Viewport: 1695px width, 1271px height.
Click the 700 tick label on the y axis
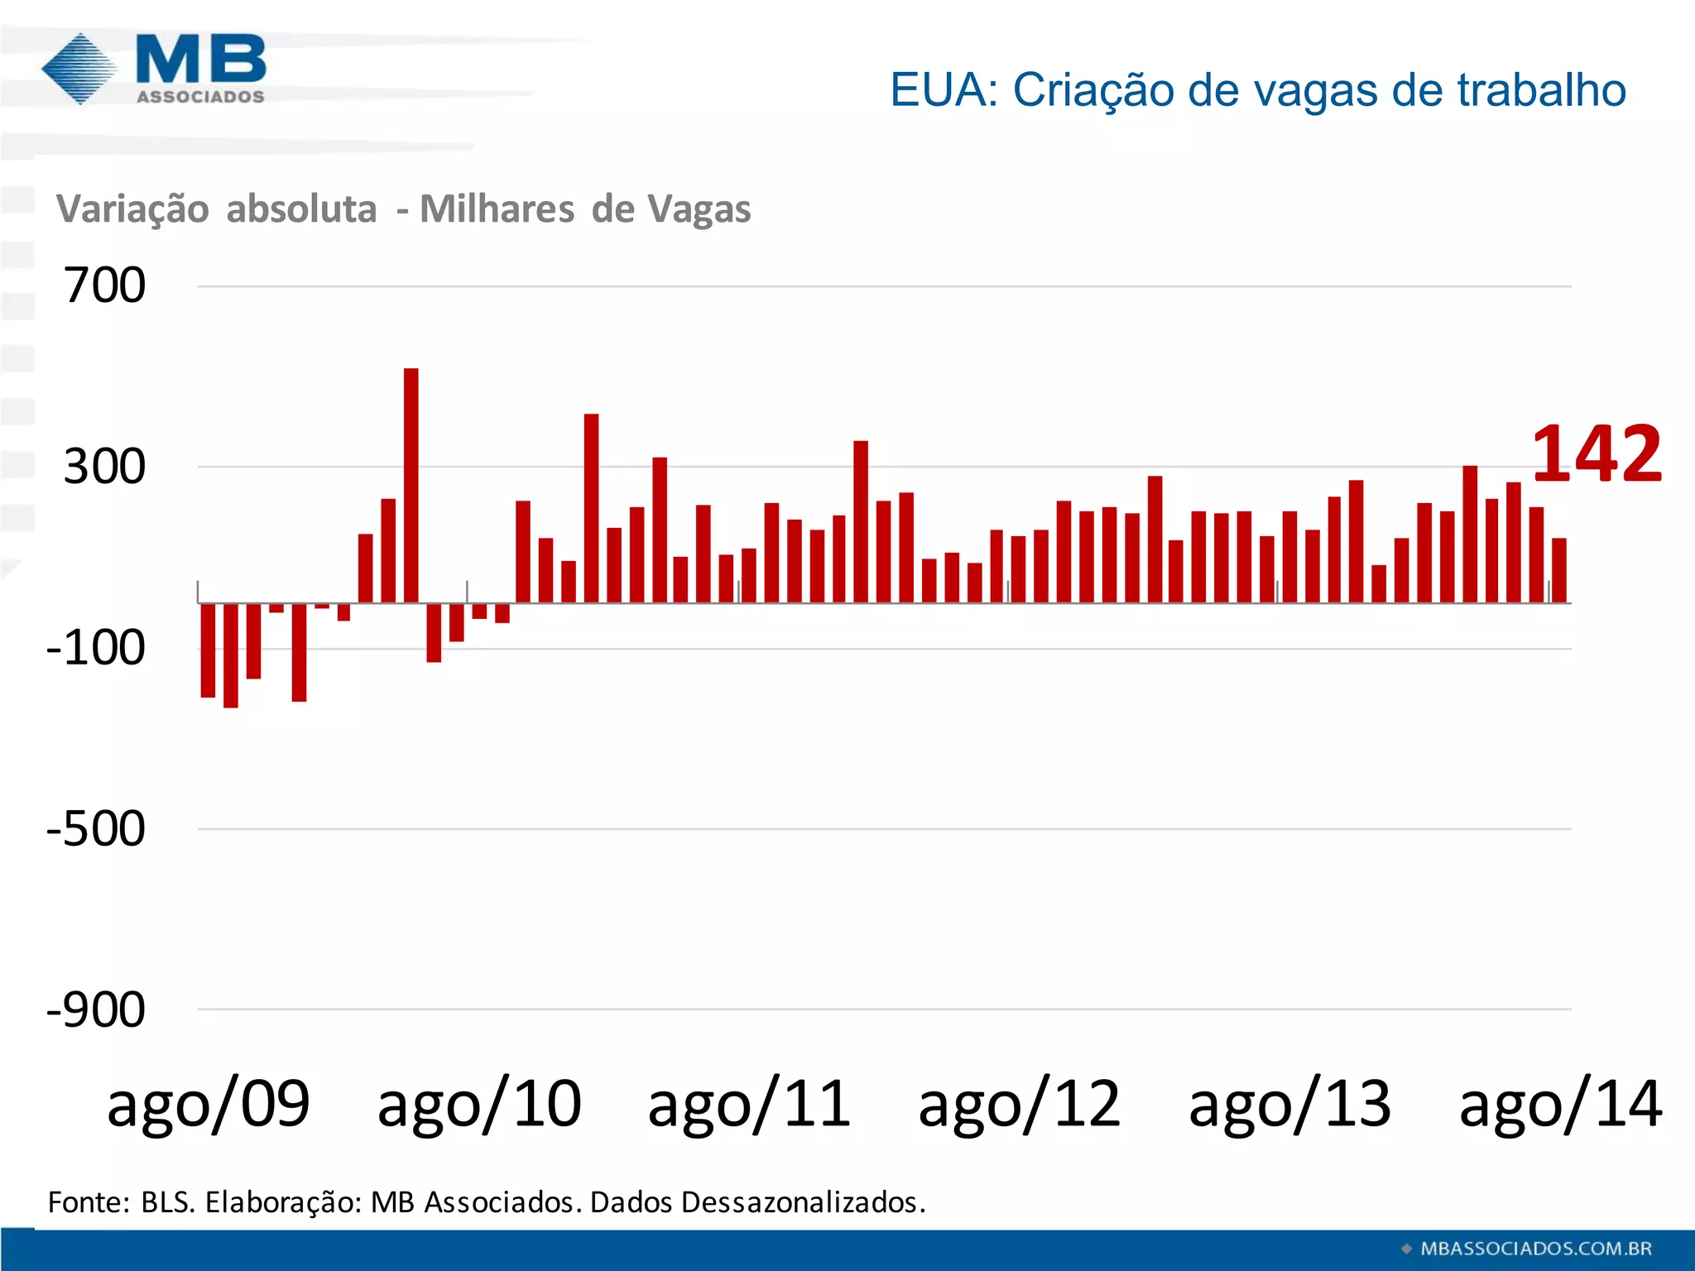[x=104, y=285]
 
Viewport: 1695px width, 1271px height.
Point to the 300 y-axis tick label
[x=104, y=467]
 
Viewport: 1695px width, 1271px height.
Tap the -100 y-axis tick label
[x=95, y=648]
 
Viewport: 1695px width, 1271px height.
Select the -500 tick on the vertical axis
[x=95, y=828]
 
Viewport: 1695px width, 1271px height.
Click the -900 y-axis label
[x=95, y=1010]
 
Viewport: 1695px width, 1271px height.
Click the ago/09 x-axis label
[x=208, y=1104]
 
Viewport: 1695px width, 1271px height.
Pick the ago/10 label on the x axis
[x=479, y=1104]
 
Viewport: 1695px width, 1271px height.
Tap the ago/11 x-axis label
[x=749, y=1104]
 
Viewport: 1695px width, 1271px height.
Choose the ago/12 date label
[x=1020, y=1104]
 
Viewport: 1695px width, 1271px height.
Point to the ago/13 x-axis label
[x=1289, y=1104]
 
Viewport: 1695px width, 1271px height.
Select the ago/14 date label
[x=1560, y=1104]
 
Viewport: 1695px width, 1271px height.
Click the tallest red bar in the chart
[x=411, y=485]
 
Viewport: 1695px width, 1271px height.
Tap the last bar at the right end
[x=1559, y=570]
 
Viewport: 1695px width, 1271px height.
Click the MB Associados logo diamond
[x=79, y=69]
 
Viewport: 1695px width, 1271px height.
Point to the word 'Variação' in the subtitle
[x=132, y=209]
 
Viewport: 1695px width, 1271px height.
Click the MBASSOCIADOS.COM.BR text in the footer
[x=1536, y=1249]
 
